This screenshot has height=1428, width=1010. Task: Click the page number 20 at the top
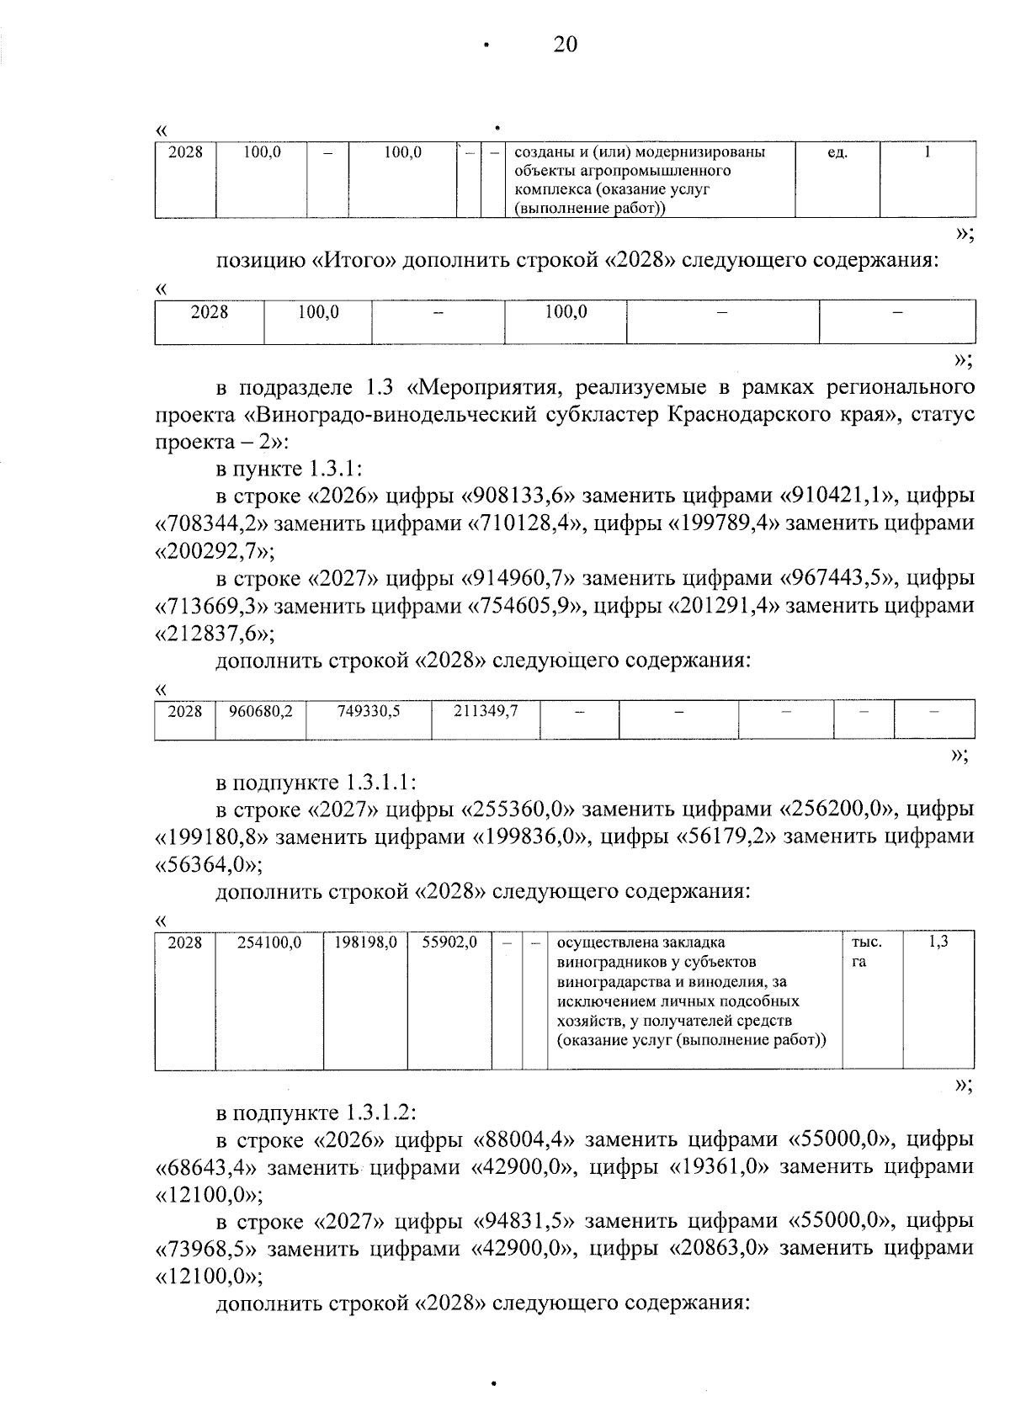click(566, 45)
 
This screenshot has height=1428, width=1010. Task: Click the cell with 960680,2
click(261, 712)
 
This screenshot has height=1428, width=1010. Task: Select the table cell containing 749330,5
click(369, 712)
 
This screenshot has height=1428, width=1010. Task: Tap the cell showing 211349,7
click(486, 712)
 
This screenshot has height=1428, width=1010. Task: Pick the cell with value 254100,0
click(269, 943)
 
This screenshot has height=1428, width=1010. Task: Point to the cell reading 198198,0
click(365, 943)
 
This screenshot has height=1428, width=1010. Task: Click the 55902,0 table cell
click(449, 943)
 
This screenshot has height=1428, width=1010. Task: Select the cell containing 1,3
click(938, 942)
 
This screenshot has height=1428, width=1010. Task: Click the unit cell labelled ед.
click(837, 153)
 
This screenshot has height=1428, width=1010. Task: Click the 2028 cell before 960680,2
click(185, 712)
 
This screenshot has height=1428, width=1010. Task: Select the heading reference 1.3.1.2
click(378, 1112)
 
